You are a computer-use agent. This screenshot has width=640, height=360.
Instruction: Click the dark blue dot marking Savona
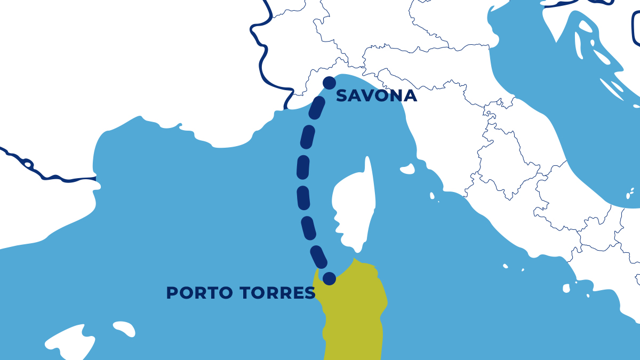(x=330, y=83)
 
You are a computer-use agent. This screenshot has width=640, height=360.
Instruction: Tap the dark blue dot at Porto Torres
(x=330, y=278)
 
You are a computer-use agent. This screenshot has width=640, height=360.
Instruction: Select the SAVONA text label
(x=376, y=96)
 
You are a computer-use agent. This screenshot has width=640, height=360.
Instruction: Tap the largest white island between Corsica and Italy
(x=407, y=170)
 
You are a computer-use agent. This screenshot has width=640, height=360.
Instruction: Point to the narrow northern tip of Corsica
(x=367, y=163)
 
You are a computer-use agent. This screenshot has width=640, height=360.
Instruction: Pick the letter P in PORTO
(x=172, y=293)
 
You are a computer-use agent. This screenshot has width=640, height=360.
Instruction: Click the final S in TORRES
(x=310, y=293)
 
